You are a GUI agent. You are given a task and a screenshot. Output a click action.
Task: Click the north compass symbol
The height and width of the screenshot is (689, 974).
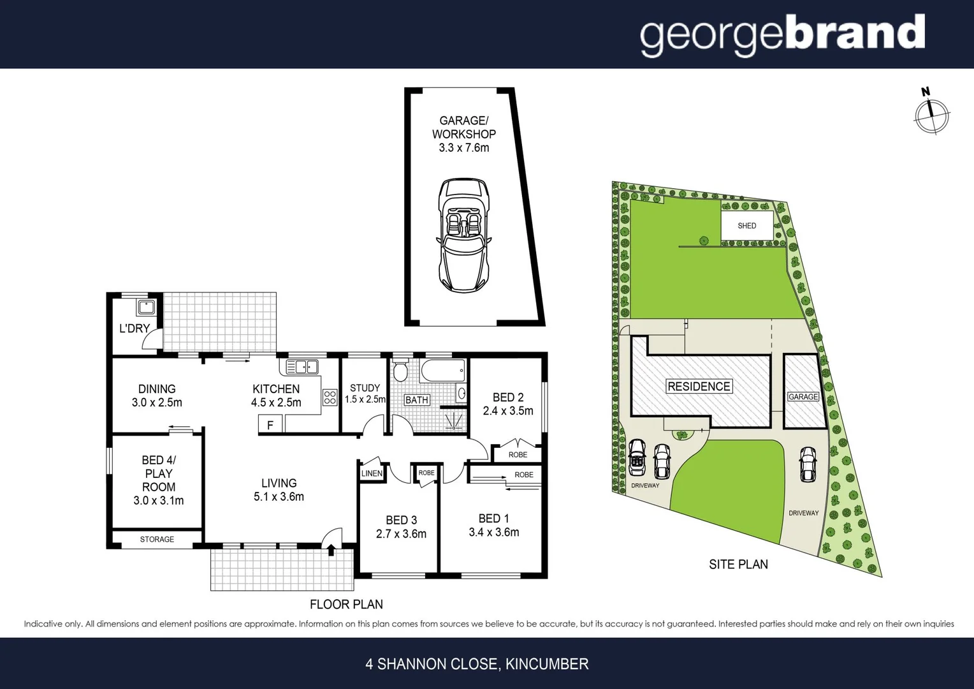tap(931, 115)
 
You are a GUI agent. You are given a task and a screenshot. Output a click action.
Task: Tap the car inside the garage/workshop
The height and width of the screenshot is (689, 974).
tap(463, 233)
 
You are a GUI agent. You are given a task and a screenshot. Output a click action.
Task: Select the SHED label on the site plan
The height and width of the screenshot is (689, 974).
tap(746, 226)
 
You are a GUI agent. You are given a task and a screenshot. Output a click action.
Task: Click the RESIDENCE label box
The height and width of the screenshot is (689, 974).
tap(699, 386)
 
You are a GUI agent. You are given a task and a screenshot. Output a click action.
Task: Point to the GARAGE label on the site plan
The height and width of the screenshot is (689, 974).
tap(803, 397)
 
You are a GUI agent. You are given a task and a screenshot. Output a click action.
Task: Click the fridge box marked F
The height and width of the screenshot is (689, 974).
tap(270, 424)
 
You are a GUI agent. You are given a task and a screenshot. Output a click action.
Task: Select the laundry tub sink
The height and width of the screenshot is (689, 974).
tap(146, 308)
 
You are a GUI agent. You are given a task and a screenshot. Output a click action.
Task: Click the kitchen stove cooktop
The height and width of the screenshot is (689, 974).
tap(330, 397)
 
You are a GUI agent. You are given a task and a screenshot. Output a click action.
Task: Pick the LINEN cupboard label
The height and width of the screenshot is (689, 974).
tap(372, 473)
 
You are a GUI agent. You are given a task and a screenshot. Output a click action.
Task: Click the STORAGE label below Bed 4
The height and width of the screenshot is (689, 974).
tap(157, 540)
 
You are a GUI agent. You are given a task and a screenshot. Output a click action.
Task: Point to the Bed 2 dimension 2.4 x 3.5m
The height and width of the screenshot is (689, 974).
tap(508, 411)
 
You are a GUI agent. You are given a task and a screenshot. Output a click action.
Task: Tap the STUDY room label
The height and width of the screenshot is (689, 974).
tap(365, 388)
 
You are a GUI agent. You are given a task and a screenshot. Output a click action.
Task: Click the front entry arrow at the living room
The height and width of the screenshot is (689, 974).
tap(331, 546)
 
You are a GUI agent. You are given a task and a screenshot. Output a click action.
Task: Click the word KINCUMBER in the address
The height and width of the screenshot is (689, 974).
tap(547, 664)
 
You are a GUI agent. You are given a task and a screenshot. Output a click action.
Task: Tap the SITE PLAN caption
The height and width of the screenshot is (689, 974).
tap(738, 564)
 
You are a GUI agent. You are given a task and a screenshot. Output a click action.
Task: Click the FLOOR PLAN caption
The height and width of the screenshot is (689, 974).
tap(346, 604)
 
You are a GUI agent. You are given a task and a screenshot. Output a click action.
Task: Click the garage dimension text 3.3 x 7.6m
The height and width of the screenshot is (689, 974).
tap(463, 148)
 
